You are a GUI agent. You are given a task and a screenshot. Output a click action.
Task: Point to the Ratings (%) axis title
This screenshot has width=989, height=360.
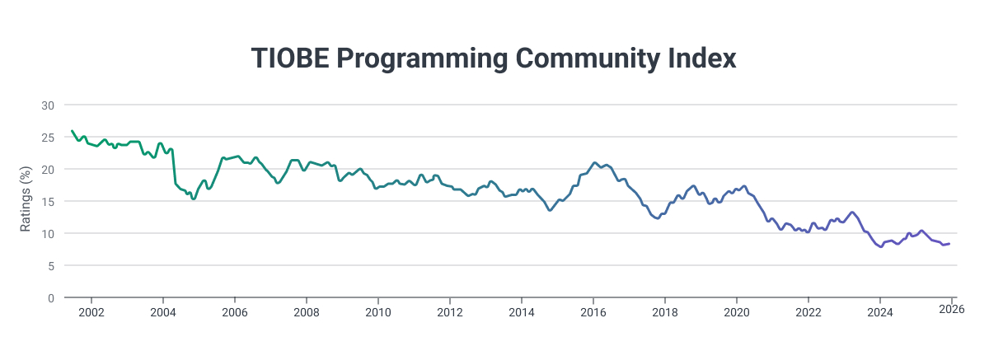pyautogui.click(x=26, y=202)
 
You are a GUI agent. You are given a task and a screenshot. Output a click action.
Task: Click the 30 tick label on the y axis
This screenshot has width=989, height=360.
pyautogui.click(x=48, y=105)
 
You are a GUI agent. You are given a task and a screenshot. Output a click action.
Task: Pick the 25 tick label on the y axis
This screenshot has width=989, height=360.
pyautogui.click(x=48, y=138)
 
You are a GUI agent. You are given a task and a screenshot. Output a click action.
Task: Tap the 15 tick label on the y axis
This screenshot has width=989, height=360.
pyautogui.click(x=48, y=202)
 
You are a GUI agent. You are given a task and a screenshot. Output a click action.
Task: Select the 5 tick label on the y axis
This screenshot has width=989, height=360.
pyautogui.click(x=51, y=266)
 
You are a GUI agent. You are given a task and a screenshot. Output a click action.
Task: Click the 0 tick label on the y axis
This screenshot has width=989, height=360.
pyautogui.click(x=51, y=298)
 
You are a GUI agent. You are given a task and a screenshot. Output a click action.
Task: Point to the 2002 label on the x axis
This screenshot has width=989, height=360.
pyautogui.click(x=91, y=312)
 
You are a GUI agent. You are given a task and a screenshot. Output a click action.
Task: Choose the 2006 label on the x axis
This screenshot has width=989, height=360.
pyautogui.click(x=235, y=312)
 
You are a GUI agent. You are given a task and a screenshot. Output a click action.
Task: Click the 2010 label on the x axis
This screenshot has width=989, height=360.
pyautogui.click(x=378, y=312)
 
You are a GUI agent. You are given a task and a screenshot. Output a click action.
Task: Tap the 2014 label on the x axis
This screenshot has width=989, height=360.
pyautogui.click(x=522, y=312)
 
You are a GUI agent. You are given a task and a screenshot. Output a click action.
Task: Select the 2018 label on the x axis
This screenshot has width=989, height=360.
pyautogui.click(x=665, y=312)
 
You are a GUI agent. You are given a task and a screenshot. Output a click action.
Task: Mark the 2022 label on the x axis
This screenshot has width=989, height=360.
pyautogui.click(x=809, y=312)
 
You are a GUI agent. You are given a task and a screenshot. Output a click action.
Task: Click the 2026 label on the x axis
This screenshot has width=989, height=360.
pyautogui.click(x=952, y=311)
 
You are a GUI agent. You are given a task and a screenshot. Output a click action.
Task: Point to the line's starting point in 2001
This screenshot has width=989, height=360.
pyautogui.click(x=72, y=131)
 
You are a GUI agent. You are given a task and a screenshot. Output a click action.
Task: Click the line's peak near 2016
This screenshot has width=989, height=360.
pyautogui.click(x=594, y=163)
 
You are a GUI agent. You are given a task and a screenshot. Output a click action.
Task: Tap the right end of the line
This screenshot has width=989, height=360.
pyautogui.click(x=949, y=244)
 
